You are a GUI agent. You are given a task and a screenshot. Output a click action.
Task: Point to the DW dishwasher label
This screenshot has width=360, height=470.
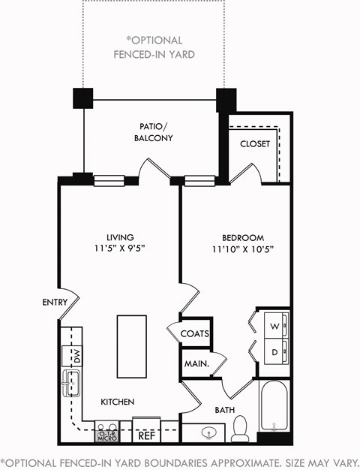(76, 355)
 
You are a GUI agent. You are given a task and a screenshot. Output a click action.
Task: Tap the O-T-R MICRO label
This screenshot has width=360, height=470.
(106, 433)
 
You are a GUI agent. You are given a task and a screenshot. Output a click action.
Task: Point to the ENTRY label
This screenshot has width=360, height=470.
(55, 303)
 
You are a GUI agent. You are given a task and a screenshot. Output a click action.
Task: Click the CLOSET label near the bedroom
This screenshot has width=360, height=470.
(255, 144)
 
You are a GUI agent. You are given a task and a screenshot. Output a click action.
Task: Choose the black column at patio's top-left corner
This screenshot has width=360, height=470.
(82, 98)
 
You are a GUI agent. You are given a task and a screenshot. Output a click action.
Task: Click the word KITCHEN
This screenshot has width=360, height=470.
(118, 402)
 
